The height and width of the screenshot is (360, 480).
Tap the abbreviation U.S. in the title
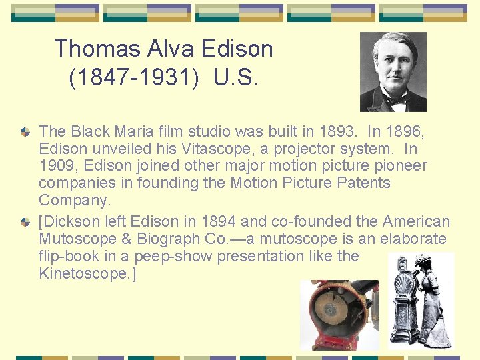pos(236,78)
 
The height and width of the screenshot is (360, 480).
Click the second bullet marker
pos(25,221)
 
